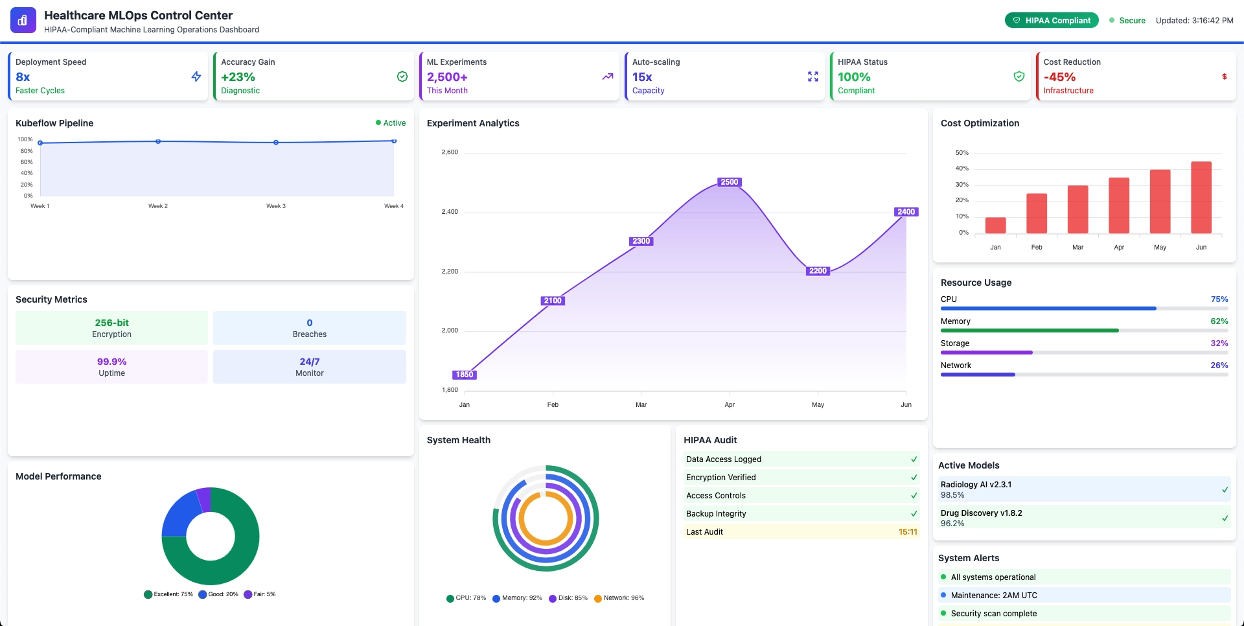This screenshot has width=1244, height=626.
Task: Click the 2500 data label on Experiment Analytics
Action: pos(730,182)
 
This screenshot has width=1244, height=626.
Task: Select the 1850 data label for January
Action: pos(465,375)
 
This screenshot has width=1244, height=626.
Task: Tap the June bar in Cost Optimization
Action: pos(1201,198)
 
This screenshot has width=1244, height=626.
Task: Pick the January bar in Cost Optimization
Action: pos(995,226)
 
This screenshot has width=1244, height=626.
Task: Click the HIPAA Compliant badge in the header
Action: pos(1052,21)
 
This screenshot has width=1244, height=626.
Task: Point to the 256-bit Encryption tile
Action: pos(111,328)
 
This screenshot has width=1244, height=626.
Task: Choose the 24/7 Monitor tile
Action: pos(309,367)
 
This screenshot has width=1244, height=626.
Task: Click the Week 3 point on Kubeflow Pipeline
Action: pos(276,143)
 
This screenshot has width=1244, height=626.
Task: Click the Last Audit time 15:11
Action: pos(907,532)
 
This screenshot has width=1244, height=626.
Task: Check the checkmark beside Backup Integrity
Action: pos(914,514)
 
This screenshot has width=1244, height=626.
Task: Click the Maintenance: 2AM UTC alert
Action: pos(994,596)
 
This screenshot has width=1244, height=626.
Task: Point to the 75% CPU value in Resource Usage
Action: pos(1219,299)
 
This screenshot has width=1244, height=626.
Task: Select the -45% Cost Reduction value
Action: pos(1059,76)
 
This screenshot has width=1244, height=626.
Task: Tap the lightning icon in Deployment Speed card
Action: pos(196,76)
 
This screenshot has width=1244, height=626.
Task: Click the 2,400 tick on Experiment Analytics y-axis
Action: pos(450,212)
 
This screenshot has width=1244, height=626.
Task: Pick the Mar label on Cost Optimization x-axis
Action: pos(1077,248)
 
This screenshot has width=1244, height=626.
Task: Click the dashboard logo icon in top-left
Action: pos(23,20)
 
